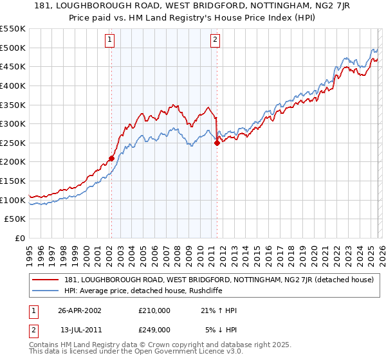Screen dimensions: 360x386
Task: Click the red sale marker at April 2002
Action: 111,158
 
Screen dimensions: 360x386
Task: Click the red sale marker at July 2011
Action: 217,143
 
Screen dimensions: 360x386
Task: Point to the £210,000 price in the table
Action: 154,310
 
